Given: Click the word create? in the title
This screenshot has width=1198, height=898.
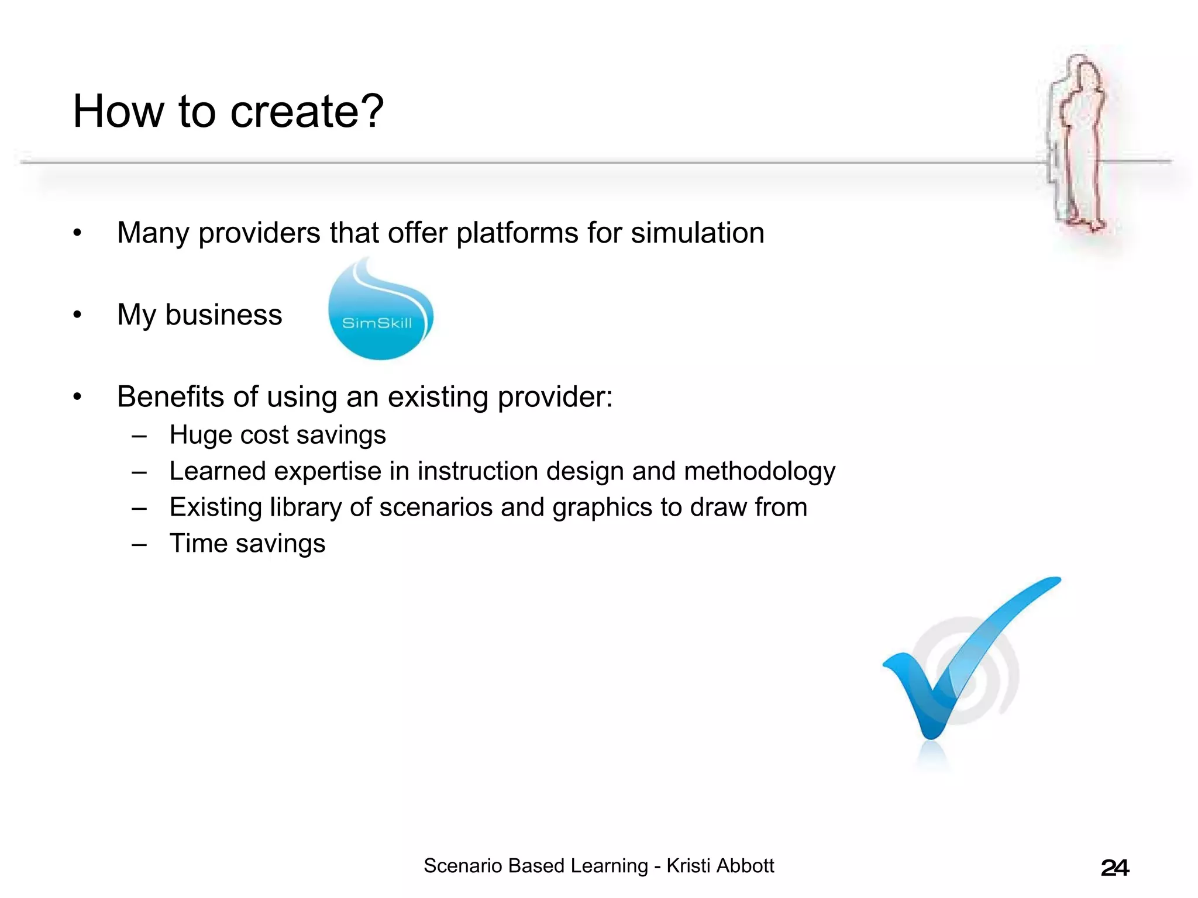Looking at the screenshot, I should point(307,112).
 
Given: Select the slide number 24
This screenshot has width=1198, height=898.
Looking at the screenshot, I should point(1114,868).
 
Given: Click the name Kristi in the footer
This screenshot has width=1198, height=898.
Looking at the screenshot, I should point(688,866).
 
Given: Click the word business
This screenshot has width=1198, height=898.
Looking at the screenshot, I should point(223,315).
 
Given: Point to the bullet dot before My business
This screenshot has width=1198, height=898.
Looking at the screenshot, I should point(78,315).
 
